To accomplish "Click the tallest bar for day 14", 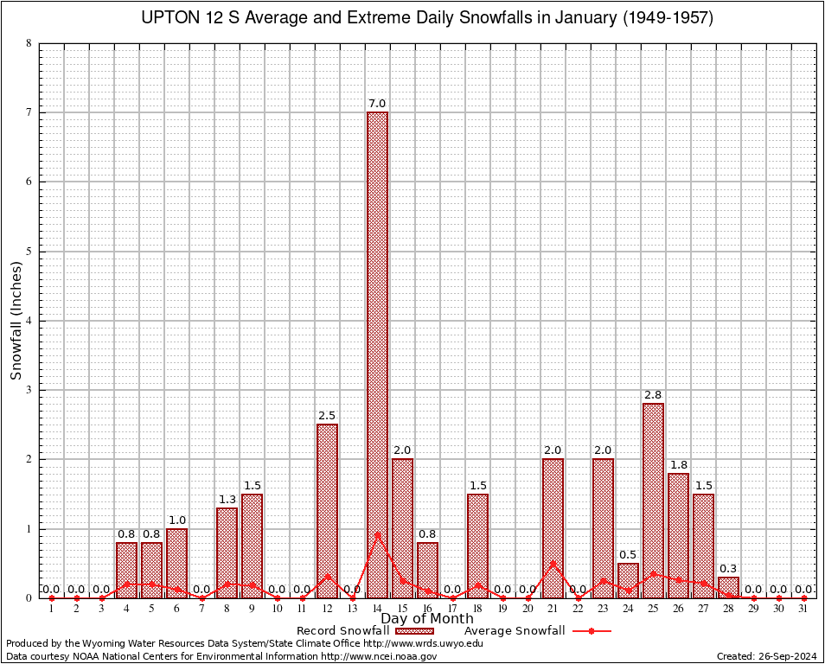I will click(x=377, y=354).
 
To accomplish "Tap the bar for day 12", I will click(x=327, y=510).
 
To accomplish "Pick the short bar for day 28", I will click(x=728, y=588).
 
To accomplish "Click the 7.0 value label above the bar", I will click(x=377, y=104).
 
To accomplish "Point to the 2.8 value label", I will click(x=653, y=395).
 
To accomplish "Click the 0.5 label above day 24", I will click(x=628, y=554).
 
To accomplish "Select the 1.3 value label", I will click(x=227, y=499).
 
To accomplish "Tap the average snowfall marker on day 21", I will click(x=553, y=564).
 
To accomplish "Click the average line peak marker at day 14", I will click(x=377, y=534).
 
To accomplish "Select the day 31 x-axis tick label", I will click(x=803, y=610).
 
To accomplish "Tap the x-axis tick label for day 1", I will click(x=51, y=610).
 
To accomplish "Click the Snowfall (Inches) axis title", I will click(x=16, y=320).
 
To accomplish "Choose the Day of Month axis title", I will click(x=428, y=619).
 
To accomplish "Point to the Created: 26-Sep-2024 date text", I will click(x=767, y=656).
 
